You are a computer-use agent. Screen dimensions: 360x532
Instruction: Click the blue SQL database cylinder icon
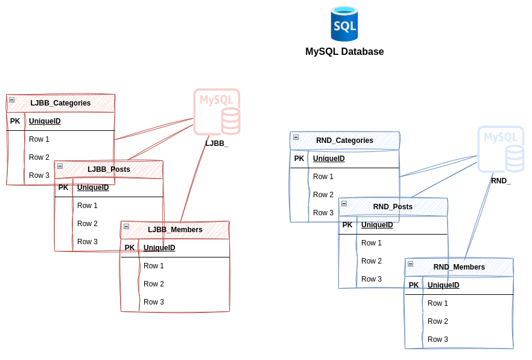coord(344,24)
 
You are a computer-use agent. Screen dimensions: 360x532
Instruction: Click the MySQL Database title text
coord(344,52)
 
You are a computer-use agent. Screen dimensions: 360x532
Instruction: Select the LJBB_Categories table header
coord(60,103)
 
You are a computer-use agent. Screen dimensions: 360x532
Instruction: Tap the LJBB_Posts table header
coord(109,169)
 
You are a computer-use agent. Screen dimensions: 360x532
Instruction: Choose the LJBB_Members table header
coord(175,230)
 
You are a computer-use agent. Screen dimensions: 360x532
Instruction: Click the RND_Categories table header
coord(344,141)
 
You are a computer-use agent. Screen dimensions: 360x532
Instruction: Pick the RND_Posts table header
coord(393,207)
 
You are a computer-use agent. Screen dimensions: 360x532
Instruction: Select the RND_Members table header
coord(459,267)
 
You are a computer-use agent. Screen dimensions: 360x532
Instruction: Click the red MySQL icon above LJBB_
coord(217,112)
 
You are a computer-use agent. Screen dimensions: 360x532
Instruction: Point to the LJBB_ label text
coord(217,144)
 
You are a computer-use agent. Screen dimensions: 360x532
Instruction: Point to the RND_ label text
coord(501,181)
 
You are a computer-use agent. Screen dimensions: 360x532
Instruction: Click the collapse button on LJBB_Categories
coord(11,99)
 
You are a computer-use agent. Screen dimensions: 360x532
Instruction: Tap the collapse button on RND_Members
coord(410,264)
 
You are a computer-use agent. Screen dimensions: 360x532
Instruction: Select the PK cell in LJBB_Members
coord(130,248)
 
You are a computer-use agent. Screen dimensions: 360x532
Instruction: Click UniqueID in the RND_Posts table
coord(377,225)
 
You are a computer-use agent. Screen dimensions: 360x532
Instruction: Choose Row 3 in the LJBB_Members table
coord(154,302)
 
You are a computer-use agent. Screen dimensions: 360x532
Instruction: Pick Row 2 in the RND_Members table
coord(438,321)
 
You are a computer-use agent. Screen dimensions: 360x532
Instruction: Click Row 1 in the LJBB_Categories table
coord(39,139)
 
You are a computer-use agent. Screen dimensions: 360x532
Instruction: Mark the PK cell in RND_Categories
coord(299,159)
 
